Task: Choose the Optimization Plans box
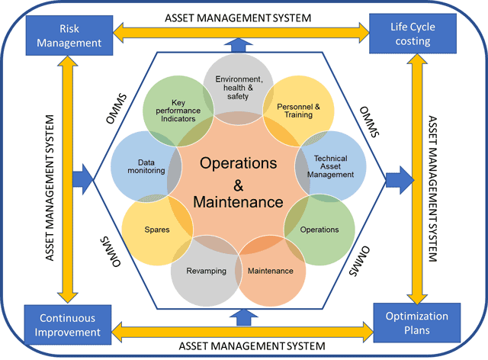point(412,323)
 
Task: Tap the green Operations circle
point(320,229)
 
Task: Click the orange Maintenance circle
point(271,272)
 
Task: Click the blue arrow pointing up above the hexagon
point(239,46)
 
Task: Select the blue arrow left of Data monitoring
point(81,180)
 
